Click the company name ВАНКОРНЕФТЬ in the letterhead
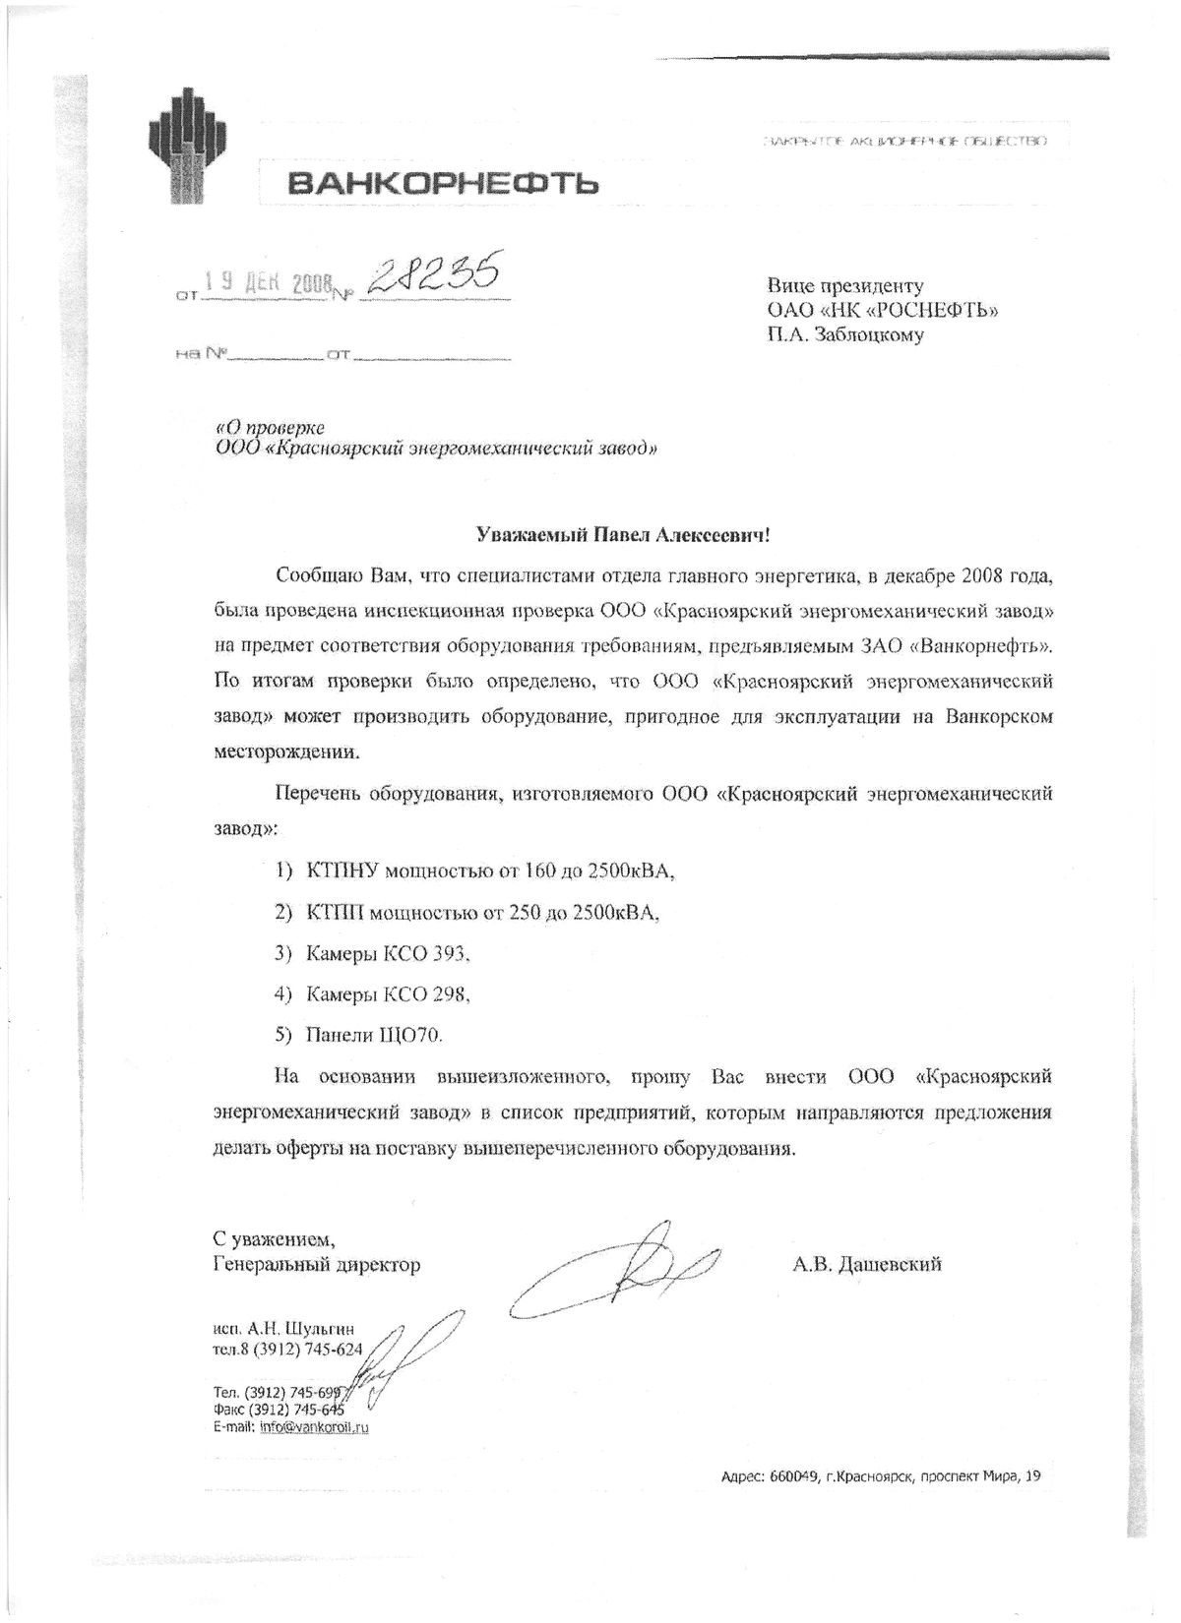point(430,182)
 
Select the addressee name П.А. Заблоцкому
point(846,334)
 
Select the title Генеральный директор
point(316,1264)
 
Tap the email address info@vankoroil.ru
point(314,1426)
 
